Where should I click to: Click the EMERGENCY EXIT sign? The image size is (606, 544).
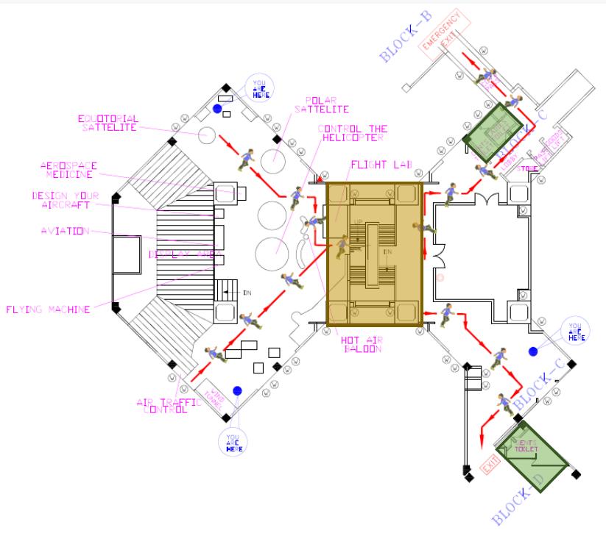[444, 35]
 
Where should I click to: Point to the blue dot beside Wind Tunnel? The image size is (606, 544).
[237, 390]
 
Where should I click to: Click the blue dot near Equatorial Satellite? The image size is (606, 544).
[217, 109]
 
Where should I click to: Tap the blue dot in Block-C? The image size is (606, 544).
[532, 351]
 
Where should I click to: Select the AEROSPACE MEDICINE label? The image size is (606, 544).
[68, 171]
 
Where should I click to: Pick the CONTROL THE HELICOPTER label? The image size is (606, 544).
[352, 134]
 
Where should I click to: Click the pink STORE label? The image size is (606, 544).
[529, 168]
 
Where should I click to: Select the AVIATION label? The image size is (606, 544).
[64, 232]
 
